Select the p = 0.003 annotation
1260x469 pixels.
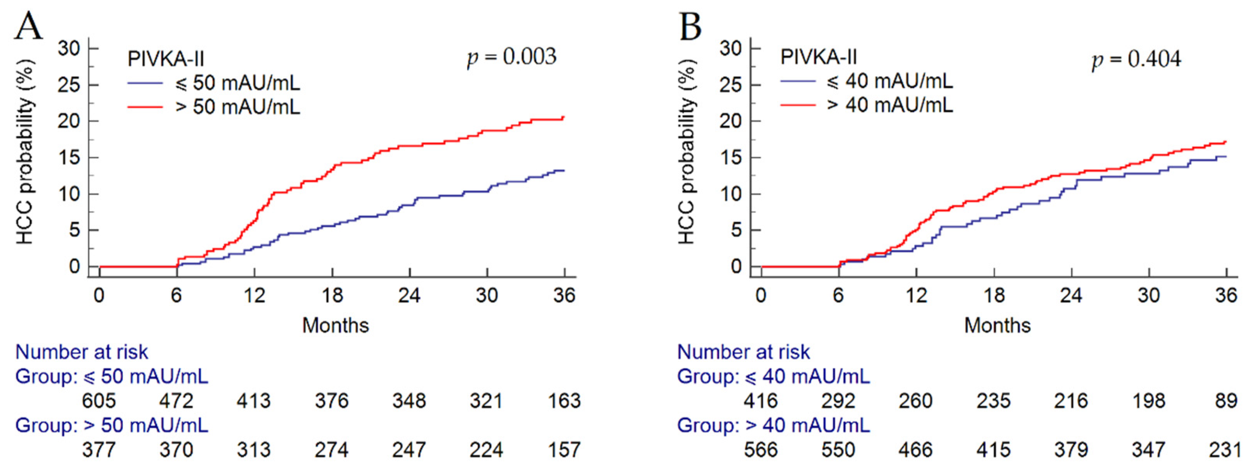click(512, 57)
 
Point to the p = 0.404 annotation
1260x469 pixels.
click(1136, 60)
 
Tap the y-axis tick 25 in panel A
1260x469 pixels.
click(69, 85)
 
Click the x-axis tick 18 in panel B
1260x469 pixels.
click(993, 295)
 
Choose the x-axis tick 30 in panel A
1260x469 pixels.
click(487, 295)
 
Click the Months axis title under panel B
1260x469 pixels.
click(997, 325)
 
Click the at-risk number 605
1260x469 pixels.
click(99, 401)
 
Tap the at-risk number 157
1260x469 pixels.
click(564, 450)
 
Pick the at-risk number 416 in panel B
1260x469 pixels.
click(760, 401)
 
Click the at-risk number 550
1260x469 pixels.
click(838, 450)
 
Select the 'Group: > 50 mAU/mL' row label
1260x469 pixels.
click(112, 426)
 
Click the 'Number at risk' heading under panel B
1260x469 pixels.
click(743, 352)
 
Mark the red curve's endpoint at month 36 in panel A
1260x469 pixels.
click(564, 117)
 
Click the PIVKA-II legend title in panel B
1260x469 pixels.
click(818, 57)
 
